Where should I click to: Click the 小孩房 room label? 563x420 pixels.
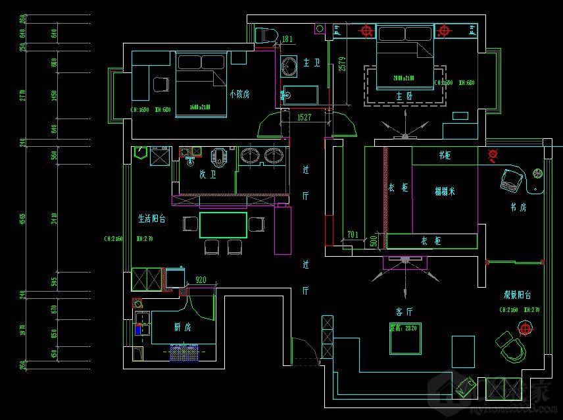[239, 94]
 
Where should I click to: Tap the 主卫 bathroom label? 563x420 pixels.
[311, 63]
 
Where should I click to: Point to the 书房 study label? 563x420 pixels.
[519, 207]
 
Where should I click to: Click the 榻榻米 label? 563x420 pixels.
[445, 192]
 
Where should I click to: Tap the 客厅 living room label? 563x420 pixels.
[404, 311]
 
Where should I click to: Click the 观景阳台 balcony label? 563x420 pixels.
[518, 296]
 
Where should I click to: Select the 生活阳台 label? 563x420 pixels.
[151, 218]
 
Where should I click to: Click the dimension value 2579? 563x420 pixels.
[342, 67]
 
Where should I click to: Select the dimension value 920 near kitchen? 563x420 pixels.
[201, 280]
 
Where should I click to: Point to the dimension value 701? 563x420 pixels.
[353, 234]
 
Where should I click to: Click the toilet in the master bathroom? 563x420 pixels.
[267, 35]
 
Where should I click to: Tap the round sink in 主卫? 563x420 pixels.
[289, 66]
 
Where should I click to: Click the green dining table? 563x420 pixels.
[224, 224]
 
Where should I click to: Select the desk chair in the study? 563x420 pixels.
[511, 180]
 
